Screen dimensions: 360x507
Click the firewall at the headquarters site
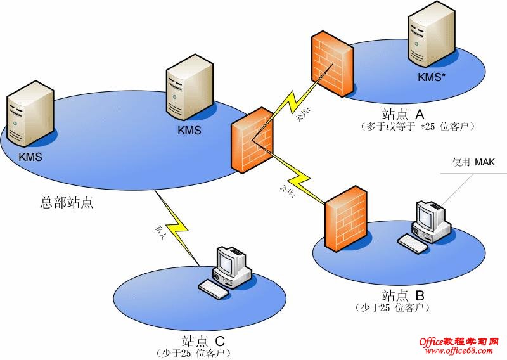[x=253, y=140]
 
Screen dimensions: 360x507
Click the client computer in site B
[x=428, y=225]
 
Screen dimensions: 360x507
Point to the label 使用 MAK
[x=472, y=162]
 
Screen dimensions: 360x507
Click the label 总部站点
[x=66, y=203]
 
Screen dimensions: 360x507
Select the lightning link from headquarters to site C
[x=181, y=231]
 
